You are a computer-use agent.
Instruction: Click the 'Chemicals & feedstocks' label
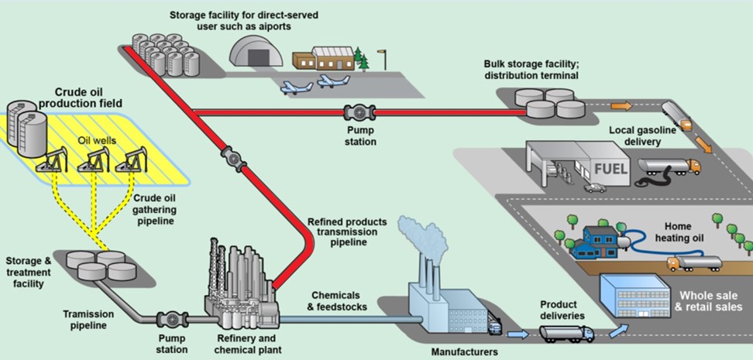[336, 301]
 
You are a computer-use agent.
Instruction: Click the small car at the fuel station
[595, 188]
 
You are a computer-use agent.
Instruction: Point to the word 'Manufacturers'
[463, 352]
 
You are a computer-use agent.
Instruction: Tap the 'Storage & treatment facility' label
[29, 272]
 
